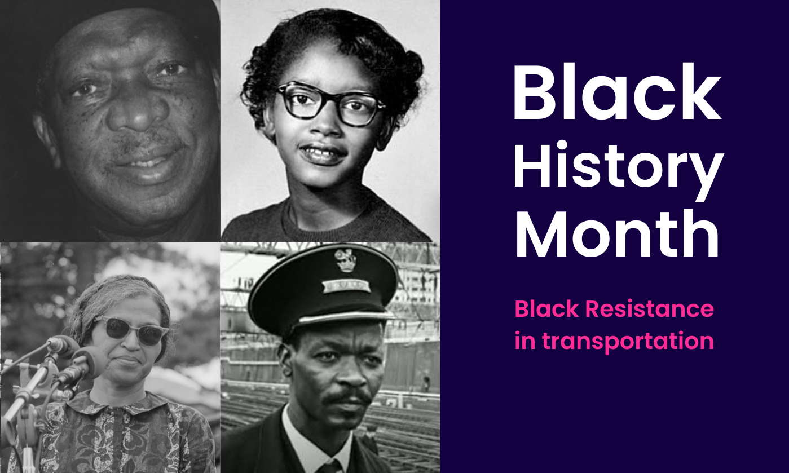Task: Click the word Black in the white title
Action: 616,91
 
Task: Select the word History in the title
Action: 618,164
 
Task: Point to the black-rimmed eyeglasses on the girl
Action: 329,103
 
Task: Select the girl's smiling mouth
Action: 322,152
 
